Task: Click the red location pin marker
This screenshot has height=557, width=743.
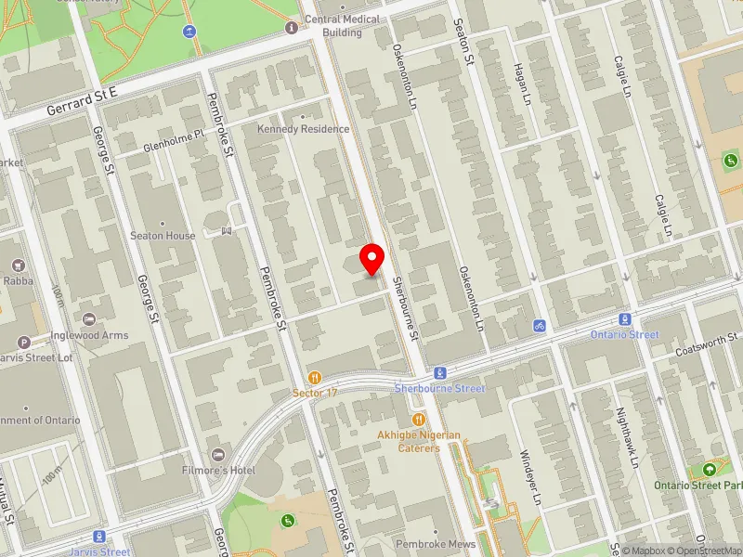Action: pos(372,259)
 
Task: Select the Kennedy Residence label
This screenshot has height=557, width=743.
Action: pos(304,129)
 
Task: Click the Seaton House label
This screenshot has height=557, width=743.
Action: pos(168,236)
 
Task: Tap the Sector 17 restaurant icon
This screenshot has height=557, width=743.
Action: pos(316,378)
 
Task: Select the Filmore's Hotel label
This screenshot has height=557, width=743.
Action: pos(226,471)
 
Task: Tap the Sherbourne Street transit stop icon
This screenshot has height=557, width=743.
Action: pos(441,371)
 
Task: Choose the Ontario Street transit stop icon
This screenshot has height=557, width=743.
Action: pos(625,318)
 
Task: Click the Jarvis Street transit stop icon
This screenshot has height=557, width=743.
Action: pos(98,536)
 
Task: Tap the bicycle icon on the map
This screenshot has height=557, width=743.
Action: pos(539,326)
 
